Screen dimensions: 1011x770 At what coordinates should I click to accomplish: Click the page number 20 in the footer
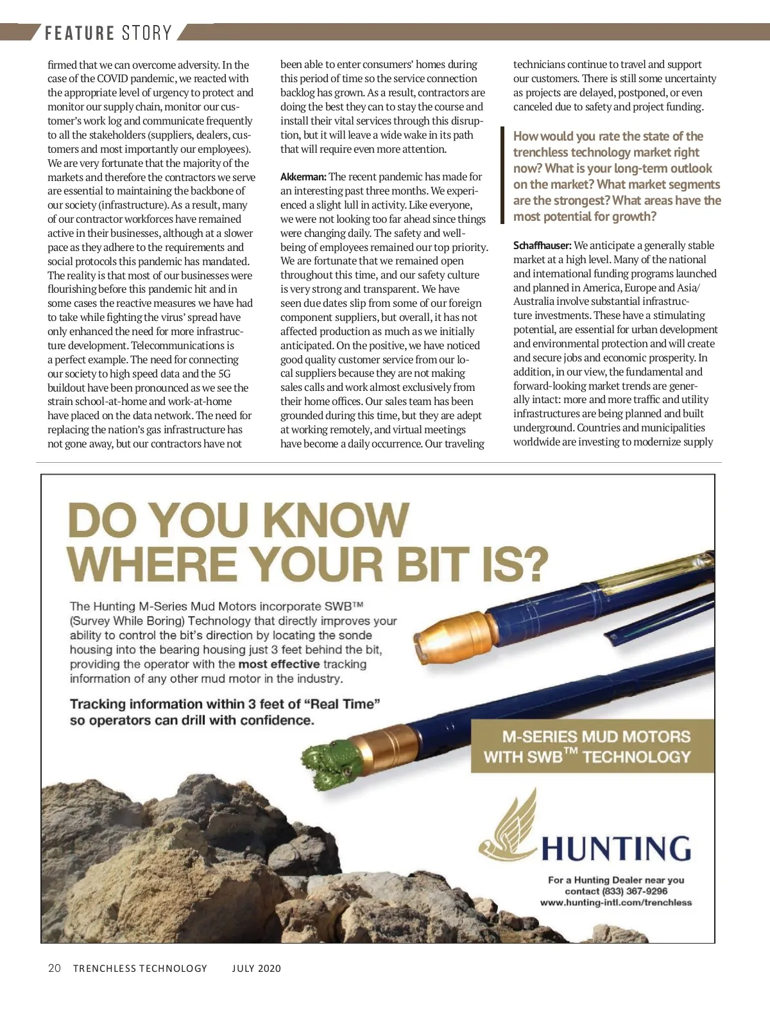coord(55,968)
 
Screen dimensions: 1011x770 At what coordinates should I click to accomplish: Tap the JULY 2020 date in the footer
coord(257,969)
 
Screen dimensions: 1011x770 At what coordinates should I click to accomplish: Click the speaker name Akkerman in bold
coord(303,177)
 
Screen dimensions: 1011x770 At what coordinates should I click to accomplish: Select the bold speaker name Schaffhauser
coord(542,245)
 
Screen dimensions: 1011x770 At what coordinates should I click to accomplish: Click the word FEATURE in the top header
coord(80,33)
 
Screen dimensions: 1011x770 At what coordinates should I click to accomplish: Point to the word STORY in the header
coord(147,33)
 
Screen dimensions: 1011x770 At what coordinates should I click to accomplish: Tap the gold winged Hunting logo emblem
coord(508,828)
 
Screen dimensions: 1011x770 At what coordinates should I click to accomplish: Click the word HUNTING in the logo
coord(616,849)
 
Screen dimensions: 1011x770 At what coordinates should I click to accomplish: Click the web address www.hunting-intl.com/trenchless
coord(616,903)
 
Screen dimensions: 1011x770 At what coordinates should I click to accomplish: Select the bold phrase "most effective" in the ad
coord(278,664)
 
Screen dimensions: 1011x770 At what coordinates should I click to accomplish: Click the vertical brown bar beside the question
coord(502,175)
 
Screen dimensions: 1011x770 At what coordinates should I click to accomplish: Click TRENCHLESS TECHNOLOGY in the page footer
coord(140,969)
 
